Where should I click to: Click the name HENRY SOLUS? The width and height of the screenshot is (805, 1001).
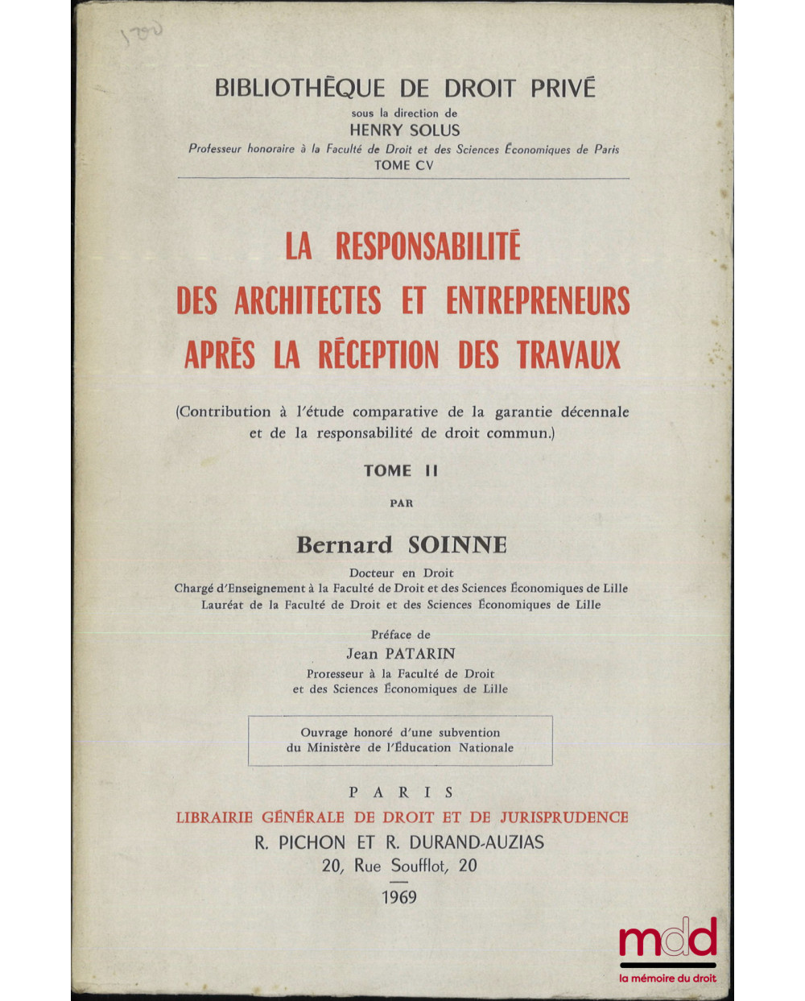point(404,130)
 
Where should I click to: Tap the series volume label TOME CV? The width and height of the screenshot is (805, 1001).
point(403,165)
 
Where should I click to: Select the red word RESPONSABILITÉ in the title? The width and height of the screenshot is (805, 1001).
point(428,246)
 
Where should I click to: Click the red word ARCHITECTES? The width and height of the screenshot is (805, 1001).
point(308,301)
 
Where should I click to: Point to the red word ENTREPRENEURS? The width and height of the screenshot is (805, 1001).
point(538,301)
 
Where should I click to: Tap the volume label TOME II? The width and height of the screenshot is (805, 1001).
point(400,471)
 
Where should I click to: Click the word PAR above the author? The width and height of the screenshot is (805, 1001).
point(401,503)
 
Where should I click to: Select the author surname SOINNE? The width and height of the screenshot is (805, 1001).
point(457,545)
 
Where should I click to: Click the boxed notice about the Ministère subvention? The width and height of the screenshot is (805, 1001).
point(400,740)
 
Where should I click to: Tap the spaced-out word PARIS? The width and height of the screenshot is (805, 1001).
point(401,792)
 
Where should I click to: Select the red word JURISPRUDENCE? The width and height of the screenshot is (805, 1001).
point(563,817)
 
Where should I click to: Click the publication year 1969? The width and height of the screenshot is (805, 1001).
point(400,897)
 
